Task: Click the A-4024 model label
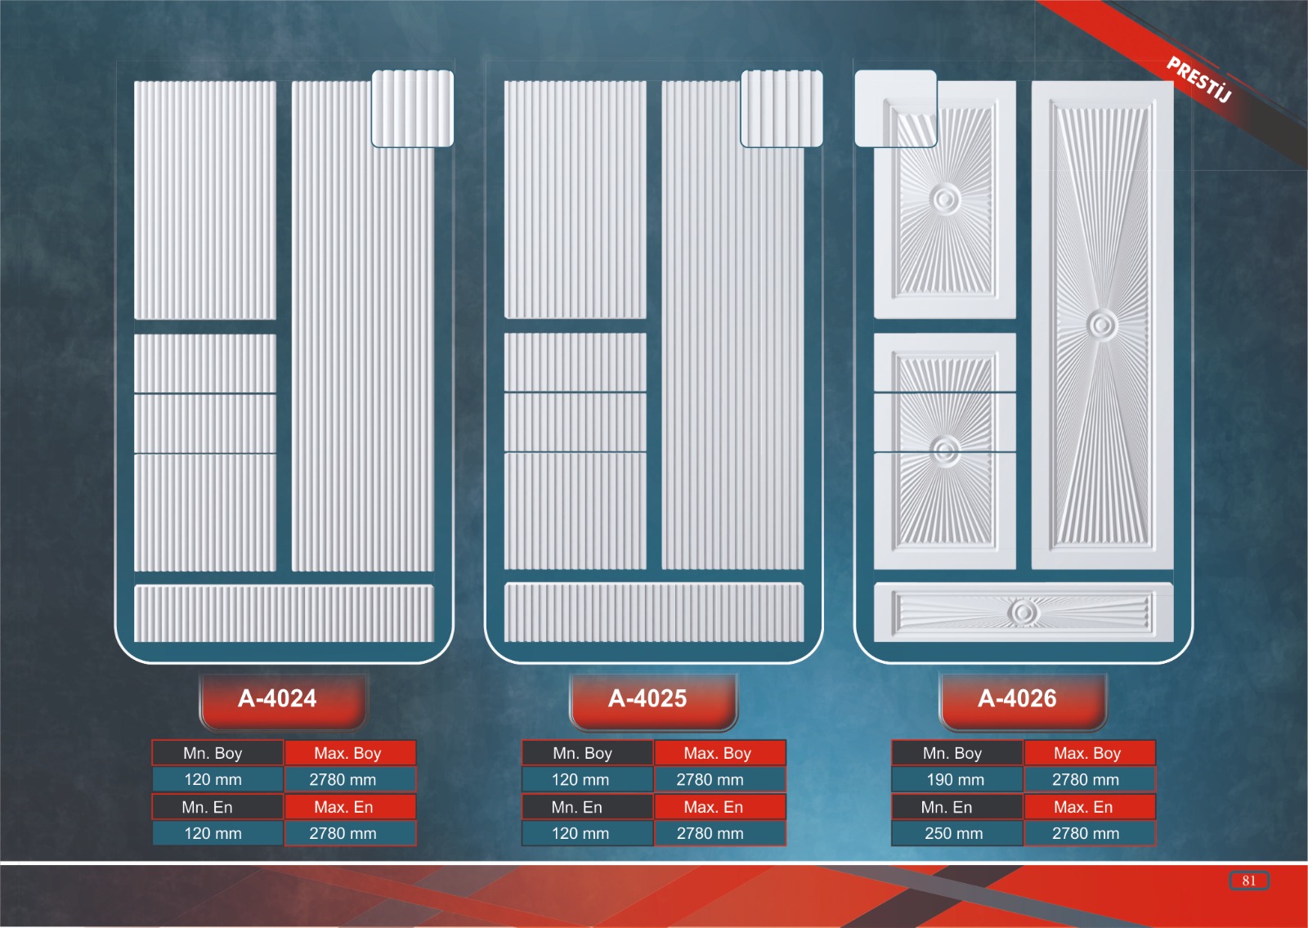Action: [x=277, y=698]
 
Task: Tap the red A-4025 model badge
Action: [x=653, y=701]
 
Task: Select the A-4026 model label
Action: [x=1017, y=698]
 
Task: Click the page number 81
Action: [x=1249, y=881]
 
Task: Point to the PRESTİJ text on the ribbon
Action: [x=1199, y=79]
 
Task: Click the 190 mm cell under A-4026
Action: [x=956, y=779]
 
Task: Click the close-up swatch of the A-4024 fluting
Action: [x=412, y=109]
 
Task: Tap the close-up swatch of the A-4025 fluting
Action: [x=782, y=109]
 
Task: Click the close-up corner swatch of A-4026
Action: [x=896, y=109]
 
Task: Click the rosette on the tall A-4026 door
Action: [x=1103, y=325]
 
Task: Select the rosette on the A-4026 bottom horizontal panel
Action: [x=1023, y=612]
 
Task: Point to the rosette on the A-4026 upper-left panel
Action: [x=944, y=199]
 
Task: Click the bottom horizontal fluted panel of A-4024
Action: [x=284, y=613]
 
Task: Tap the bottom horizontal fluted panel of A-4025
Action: [x=654, y=612]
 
